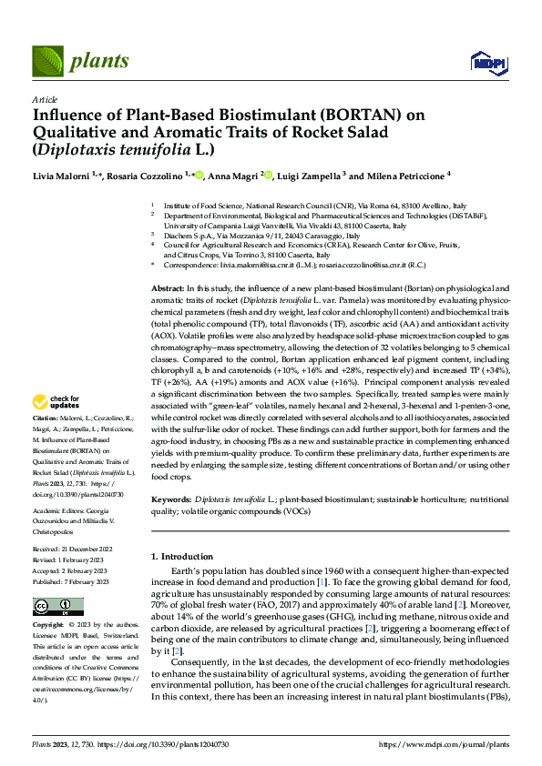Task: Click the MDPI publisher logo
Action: coord(486,62)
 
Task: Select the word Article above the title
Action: coord(45,99)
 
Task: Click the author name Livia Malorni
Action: coord(63,176)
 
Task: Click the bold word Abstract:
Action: coord(168,287)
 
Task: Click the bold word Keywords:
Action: coord(171,500)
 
